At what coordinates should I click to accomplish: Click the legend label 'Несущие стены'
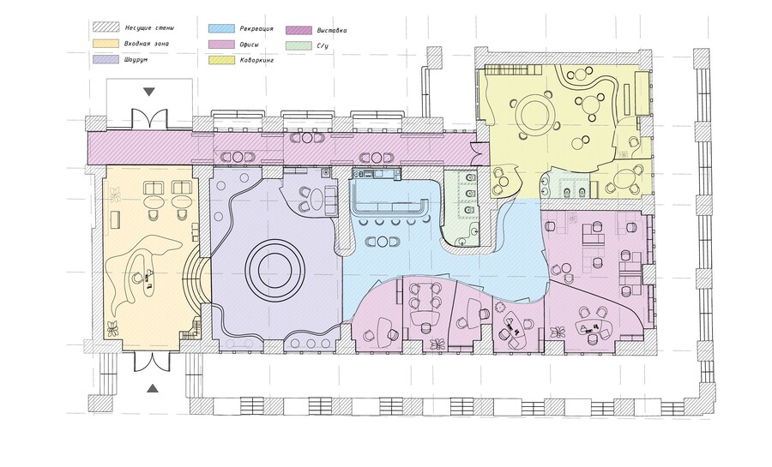click(149, 28)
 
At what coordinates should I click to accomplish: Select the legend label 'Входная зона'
click(146, 44)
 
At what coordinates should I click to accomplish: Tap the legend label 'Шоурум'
click(136, 59)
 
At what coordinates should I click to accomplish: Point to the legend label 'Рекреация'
click(256, 29)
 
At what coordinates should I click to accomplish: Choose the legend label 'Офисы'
click(250, 45)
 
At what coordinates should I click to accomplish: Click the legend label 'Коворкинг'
click(256, 61)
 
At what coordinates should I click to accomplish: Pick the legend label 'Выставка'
click(332, 31)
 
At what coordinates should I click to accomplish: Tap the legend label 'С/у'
click(323, 46)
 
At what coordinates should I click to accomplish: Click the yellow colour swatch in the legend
click(221, 60)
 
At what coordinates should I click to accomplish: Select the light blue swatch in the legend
click(221, 28)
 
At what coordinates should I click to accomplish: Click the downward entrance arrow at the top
click(149, 92)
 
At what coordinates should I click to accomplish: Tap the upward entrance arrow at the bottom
click(154, 388)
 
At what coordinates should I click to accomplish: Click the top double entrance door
click(149, 119)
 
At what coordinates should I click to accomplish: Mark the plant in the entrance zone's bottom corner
click(112, 328)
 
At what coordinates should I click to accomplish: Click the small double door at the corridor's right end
click(474, 153)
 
